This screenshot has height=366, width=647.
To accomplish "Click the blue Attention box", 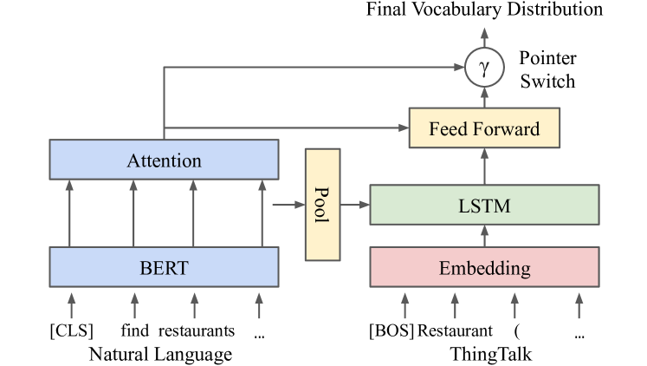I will (x=164, y=160).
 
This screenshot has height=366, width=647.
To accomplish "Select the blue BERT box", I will (x=164, y=267).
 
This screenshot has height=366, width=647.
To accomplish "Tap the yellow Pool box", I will (x=322, y=205).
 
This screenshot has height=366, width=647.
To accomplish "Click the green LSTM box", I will (x=484, y=206).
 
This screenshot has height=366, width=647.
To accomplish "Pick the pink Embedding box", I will (x=484, y=267).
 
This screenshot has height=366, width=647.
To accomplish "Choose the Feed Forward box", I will (x=484, y=129).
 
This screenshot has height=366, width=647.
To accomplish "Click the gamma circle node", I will (x=484, y=66).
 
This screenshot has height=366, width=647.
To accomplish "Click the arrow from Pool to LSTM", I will (x=355, y=206).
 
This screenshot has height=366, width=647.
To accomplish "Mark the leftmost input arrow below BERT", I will (x=72, y=305).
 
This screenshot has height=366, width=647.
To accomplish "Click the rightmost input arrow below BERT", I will (x=259, y=305).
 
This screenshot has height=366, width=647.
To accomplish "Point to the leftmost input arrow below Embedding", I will (x=404, y=305).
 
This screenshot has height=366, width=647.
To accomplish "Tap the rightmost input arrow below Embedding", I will (x=579, y=305).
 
